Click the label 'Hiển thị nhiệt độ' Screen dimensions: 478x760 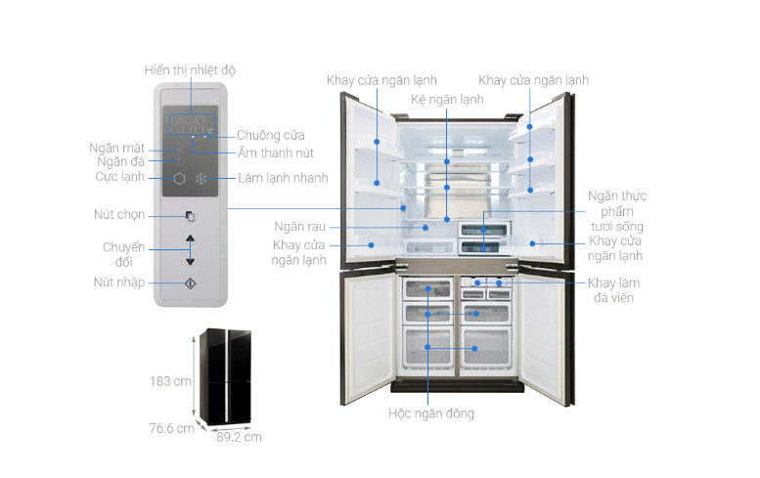[190, 70]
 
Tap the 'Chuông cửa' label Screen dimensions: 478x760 [271, 135]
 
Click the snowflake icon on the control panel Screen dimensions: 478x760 [201, 179]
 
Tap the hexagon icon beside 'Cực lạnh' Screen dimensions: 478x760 [180, 179]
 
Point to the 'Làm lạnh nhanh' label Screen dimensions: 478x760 [283, 178]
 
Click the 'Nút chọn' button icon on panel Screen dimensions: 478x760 [191, 216]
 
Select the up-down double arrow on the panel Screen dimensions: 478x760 [191, 250]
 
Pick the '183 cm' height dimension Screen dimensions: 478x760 [170, 381]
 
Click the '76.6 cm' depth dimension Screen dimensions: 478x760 [171, 428]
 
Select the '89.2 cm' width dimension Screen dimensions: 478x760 [239, 438]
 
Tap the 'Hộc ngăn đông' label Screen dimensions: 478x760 [429, 413]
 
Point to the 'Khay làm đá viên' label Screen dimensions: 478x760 [614, 289]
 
